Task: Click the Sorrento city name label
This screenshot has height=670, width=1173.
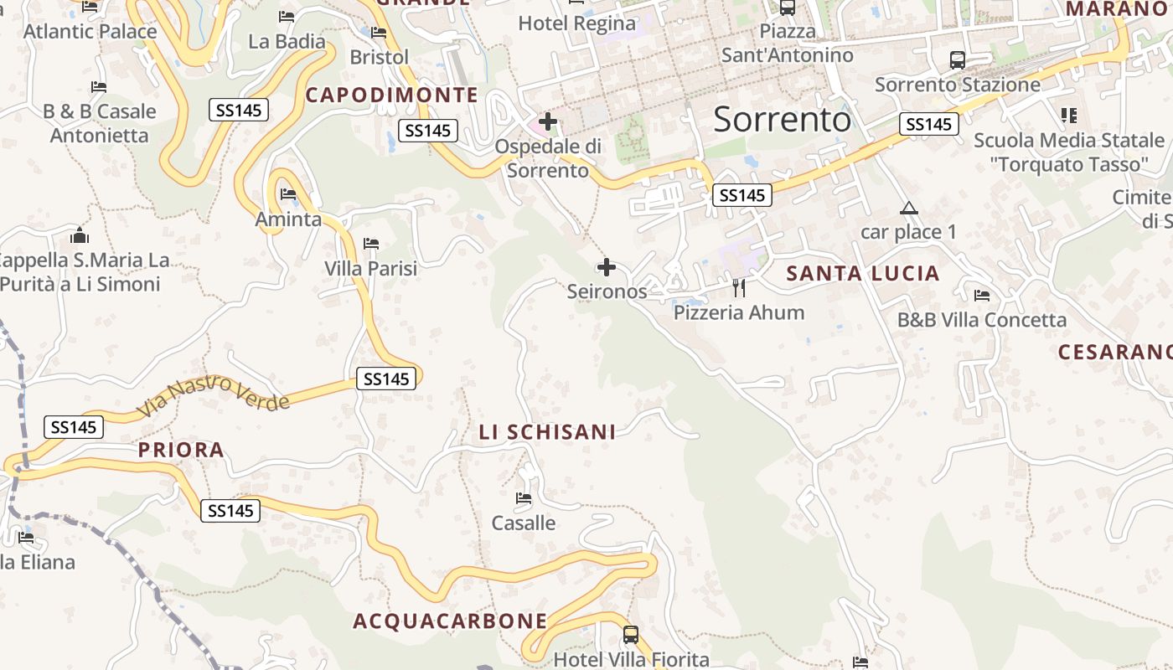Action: click(x=782, y=120)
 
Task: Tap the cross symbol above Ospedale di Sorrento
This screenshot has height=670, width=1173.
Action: click(x=548, y=122)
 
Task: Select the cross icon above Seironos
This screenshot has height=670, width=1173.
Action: click(x=607, y=268)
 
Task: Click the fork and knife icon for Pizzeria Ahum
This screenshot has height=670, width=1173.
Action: click(x=738, y=288)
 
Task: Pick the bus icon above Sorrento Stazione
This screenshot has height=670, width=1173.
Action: click(x=957, y=60)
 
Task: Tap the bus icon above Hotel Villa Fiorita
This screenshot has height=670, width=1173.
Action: click(x=631, y=635)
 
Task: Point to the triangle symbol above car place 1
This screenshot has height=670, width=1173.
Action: click(x=908, y=209)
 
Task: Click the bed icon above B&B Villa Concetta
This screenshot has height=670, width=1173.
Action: click(x=982, y=296)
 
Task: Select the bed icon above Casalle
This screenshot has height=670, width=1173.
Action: click(x=524, y=498)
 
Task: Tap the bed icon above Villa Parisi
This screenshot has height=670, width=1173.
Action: click(x=371, y=244)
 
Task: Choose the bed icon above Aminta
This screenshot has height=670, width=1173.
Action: click(x=288, y=194)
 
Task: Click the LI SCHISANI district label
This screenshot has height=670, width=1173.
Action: click(x=547, y=432)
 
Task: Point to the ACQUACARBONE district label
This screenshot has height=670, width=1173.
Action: click(x=450, y=621)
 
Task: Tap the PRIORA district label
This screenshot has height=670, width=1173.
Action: click(x=181, y=451)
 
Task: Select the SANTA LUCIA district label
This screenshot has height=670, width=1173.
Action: click(x=863, y=274)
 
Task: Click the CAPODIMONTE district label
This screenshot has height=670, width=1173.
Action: click(x=391, y=95)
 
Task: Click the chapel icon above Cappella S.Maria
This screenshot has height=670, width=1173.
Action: click(x=80, y=235)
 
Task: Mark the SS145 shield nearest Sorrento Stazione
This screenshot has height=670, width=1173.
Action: click(x=928, y=125)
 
